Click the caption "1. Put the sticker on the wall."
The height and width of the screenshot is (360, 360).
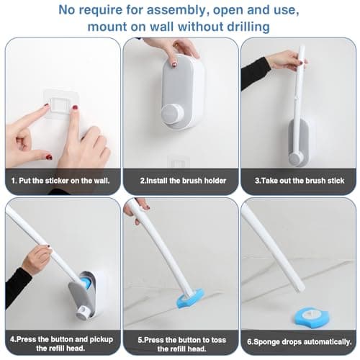pos(61,179)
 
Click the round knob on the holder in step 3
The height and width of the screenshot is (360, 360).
pos(296,157)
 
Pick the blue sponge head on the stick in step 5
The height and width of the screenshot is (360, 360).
pos(190,297)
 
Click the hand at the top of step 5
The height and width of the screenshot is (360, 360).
pos(135,208)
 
